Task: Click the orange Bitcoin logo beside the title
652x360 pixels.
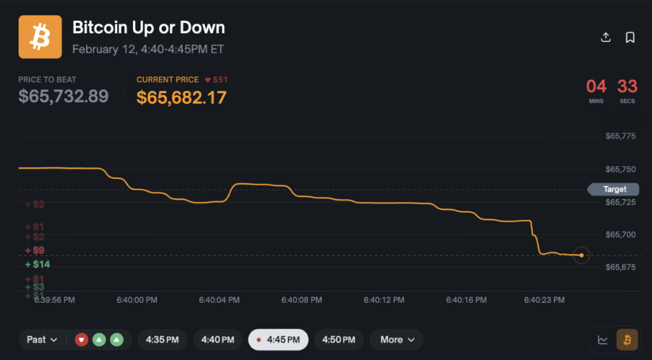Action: pos(40,37)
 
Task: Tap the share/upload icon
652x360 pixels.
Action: pos(606,38)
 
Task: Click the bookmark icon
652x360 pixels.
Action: pos(630,38)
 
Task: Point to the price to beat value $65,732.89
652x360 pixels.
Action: pos(63,96)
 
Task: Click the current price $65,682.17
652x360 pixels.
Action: pos(181,97)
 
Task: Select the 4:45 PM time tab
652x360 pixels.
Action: pos(278,340)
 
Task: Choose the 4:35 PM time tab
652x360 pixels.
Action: pos(162,340)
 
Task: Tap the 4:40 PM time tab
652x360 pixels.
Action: pos(218,340)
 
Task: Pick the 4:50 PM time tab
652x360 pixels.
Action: pos(339,340)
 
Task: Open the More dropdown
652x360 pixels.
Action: pos(397,340)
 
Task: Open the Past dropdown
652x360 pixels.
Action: pos(42,340)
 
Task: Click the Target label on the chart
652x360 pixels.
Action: pos(614,189)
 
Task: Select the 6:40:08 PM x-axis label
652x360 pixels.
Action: pos(302,299)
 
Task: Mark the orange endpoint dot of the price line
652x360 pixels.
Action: pos(581,255)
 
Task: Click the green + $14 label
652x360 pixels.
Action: pos(38,264)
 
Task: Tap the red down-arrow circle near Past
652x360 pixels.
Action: pos(81,340)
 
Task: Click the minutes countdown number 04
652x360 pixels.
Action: pos(596,86)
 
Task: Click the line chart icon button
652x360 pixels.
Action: pos(602,340)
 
